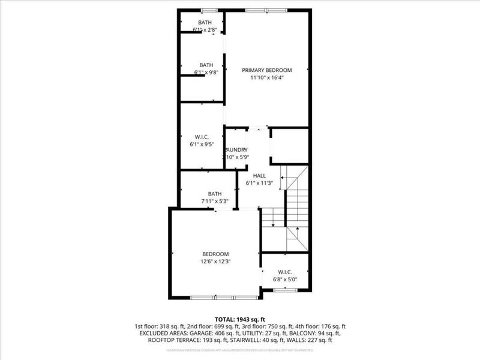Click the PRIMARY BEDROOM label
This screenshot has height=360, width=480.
pyautogui.click(x=266, y=70)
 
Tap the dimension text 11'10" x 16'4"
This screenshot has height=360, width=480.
pyautogui.click(x=266, y=77)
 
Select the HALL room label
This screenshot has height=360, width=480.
pyautogui.click(x=259, y=176)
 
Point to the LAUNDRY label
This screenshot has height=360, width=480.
pyautogui.click(x=236, y=150)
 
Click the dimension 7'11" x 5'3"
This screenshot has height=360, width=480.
pyautogui.click(x=215, y=201)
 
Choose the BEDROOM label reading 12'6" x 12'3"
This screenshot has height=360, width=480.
pyautogui.click(x=215, y=254)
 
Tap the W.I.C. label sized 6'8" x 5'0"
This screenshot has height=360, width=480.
pyautogui.click(x=285, y=272)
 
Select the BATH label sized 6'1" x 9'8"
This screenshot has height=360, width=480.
pyautogui.click(x=206, y=65)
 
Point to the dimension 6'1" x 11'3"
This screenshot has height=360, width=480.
pyautogui.click(x=259, y=183)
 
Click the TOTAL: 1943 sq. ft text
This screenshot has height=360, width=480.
pyautogui.click(x=239, y=319)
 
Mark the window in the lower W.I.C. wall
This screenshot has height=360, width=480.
pyautogui.click(x=285, y=290)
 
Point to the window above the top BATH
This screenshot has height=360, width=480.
pyautogui.click(x=209, y=10)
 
